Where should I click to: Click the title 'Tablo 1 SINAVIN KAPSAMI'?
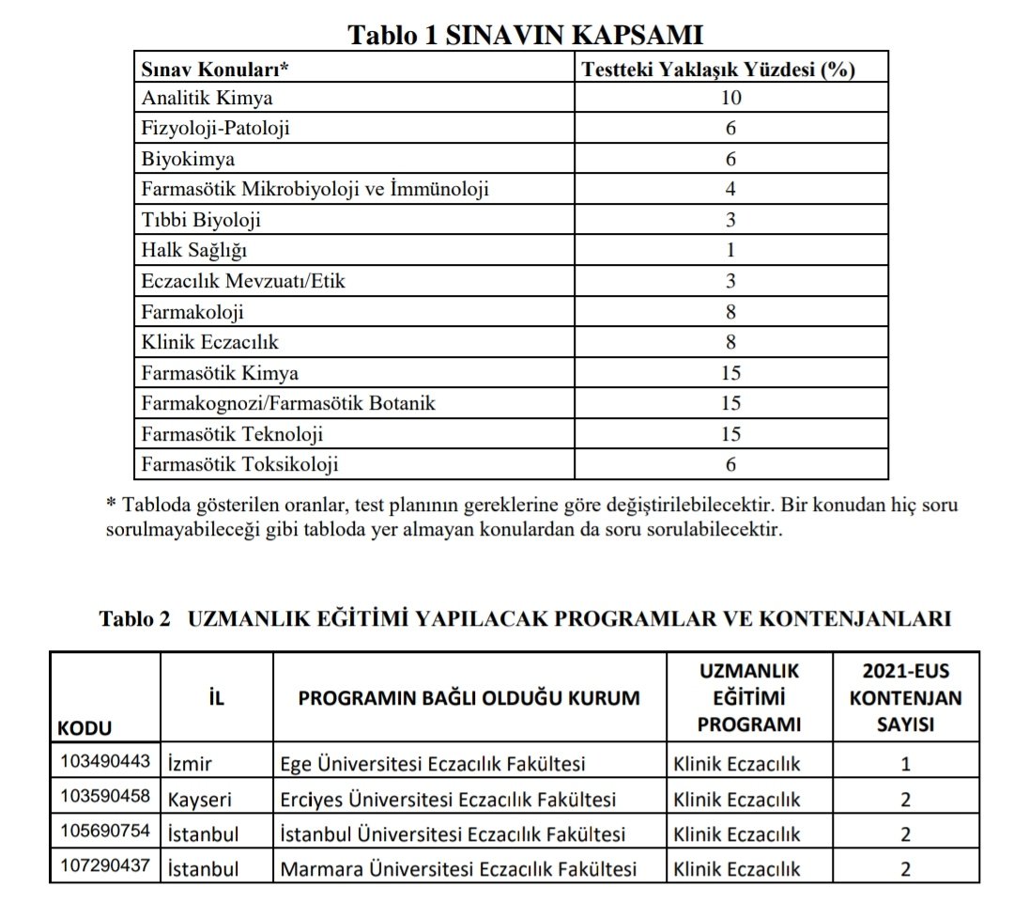526,36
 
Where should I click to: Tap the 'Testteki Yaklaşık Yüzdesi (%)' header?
718,70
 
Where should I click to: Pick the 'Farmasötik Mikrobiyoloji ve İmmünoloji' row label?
315,190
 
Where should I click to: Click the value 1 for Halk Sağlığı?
730,251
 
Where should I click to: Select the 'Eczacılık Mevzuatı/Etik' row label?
241,281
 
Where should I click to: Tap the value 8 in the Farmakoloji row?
730,312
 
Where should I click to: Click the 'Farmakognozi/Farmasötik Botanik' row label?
288,403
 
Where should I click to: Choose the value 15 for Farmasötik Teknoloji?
730,434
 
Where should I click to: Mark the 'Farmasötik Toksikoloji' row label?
239,464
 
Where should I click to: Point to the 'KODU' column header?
84,728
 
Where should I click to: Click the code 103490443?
103,763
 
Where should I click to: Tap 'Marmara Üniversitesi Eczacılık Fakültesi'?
458,869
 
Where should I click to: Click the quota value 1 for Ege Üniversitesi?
905,764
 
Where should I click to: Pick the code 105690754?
103,833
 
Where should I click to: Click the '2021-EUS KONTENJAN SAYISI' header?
905,698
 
